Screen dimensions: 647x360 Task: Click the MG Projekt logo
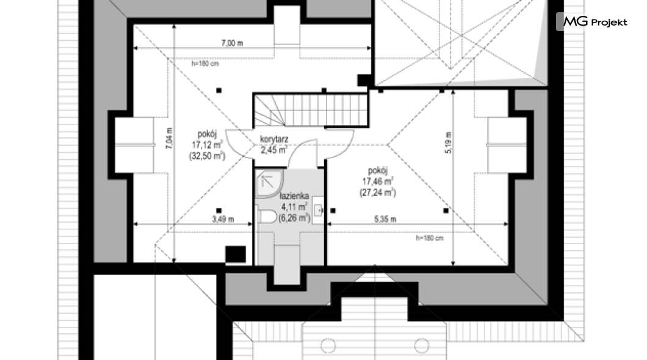pos(593,21)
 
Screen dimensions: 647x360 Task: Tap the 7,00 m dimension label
pos(233,43)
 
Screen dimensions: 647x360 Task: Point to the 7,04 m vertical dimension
pos(170,138)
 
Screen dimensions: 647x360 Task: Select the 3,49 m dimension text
pos(223,220)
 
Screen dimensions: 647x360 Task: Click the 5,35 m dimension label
pos(385,220)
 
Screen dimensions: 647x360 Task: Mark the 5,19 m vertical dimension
pos(449,143)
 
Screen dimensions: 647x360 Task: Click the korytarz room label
pos(274,139)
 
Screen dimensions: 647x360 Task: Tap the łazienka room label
pos(294,196)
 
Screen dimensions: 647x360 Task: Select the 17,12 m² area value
pos(207,145)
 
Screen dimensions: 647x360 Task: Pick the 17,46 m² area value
pos(378,181)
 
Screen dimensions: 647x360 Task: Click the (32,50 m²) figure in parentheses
pos(207,156)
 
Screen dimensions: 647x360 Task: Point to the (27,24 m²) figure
pos(378,192)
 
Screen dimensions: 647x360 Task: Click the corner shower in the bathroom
pos(268,184)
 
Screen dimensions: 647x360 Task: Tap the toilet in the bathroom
pos(267,216)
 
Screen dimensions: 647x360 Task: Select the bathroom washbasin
pos(318,211)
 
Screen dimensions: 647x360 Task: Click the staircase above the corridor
pos(310,110)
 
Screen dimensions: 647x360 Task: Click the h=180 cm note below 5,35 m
pos(430,239)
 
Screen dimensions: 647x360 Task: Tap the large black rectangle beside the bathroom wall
pos(236,254)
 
